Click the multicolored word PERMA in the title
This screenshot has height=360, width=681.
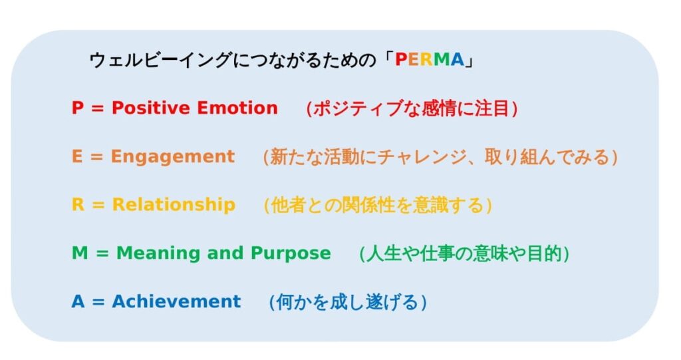[429, 60]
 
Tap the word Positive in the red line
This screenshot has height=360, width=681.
[151, 108]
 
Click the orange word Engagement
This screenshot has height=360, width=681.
[173, 157]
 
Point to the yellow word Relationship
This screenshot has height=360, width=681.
[174, 205]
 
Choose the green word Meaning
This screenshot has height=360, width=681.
[158, 254]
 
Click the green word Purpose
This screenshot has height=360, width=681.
[291, 254]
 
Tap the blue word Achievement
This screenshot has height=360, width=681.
[176, 301]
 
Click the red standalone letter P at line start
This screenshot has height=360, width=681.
[77, 108]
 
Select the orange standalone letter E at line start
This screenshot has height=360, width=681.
[77, 156]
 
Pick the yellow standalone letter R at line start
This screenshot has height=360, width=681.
[78, 204]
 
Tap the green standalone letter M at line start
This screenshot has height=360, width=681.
[80, 253]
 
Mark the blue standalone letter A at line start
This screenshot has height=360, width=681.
[78, 301]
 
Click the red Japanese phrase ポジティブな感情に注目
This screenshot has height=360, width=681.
[411, 108]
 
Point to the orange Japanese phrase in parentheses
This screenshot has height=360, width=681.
[440, 157]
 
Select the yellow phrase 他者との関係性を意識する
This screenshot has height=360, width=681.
[377, 205]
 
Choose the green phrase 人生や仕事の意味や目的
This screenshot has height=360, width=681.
[464, 254]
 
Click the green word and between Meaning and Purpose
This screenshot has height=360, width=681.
[225, 254]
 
